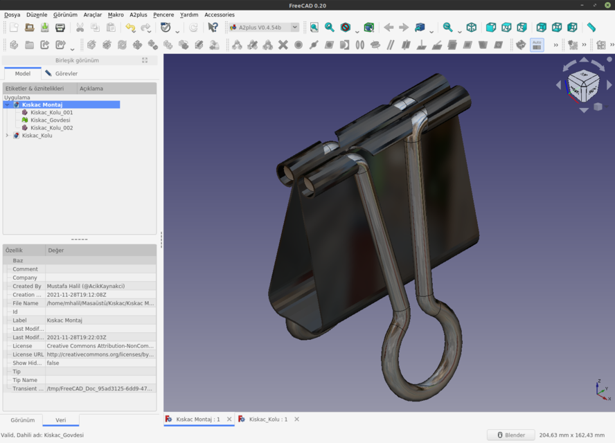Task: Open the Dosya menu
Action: [x=12, y=15]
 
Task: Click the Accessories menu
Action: [x=219, y=15]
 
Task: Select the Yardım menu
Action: [x=188, y=15]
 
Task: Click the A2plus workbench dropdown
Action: [x=263, y=28]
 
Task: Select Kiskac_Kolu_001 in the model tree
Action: [x=51, y=112]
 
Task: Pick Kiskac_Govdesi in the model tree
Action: [x=50, y=120]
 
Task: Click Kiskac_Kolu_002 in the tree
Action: [x=51, y=127]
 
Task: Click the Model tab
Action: [x=22, y=73]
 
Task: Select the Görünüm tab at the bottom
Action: [x=22, y=420]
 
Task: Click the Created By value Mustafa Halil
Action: [x=86, y=286]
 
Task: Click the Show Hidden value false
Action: [x=53, y=363]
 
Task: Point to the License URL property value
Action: [x=100, y=354]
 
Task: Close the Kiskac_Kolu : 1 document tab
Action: [x=296, y=419]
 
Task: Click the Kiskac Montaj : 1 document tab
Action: [x=197, y=419]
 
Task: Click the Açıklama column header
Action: [x=91, y=89]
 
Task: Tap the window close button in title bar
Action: [x=607, y=6]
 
